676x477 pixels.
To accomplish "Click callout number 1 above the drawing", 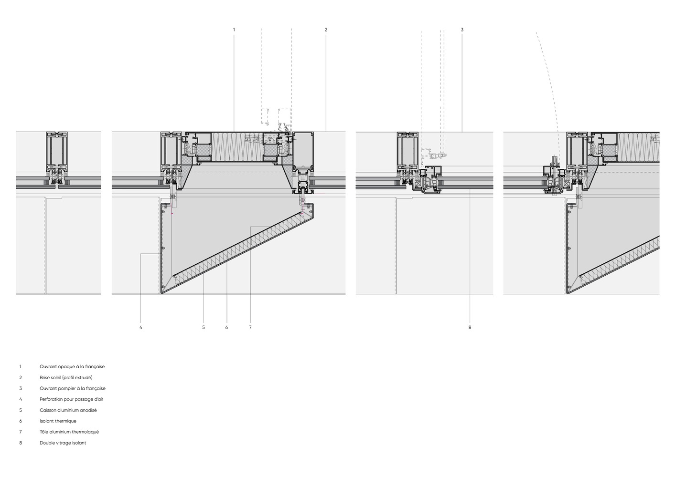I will (234, 30).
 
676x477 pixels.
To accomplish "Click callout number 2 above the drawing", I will (326, 30).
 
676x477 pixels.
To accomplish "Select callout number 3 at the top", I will (462, 30).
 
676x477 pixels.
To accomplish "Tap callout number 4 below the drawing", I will (141, 327).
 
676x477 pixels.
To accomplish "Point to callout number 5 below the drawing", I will (203, 327).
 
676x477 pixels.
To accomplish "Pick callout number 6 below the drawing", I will (226, 327).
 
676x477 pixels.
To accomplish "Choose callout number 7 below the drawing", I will (250, 327).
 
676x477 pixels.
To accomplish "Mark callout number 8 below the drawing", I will (470, 327).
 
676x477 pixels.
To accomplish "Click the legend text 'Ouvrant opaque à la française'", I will (72, 367).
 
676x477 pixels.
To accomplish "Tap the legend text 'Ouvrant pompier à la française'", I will (73, 388).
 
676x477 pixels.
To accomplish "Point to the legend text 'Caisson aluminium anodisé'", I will (68, 410).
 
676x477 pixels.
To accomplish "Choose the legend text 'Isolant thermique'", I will (58, 421).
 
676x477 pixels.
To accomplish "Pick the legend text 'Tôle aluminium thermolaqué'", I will (69, 432).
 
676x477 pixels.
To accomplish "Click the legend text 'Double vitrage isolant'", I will (63, 443).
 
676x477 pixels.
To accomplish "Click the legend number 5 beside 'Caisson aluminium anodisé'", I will (21, 410).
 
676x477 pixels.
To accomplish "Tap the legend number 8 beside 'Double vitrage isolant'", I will (21, 443).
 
